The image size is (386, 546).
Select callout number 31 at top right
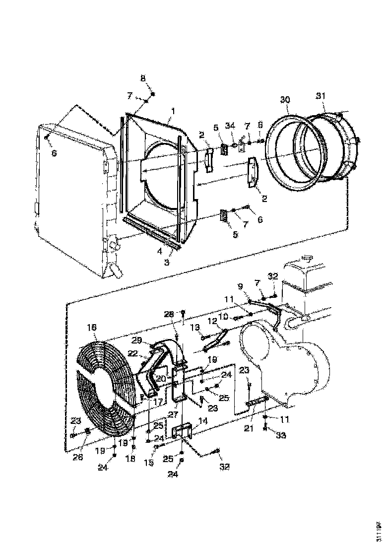coord(321,96)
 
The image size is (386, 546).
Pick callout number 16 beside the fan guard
coord(92,329)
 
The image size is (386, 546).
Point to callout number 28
coord(170,315)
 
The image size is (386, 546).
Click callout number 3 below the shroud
coord(167,262)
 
